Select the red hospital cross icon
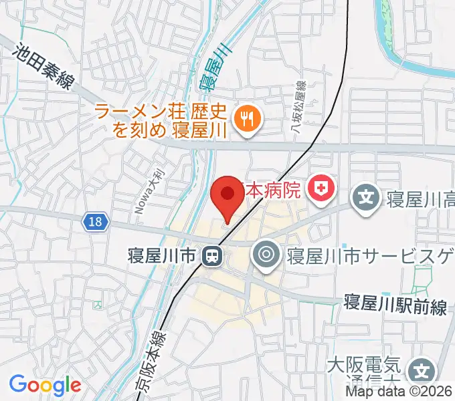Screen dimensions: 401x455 (x=321, y=189)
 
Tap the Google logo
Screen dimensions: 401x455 (x=45, y=385)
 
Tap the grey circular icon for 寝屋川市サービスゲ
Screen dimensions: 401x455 (x=266, y=255)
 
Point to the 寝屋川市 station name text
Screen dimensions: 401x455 (x=163, y=255)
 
